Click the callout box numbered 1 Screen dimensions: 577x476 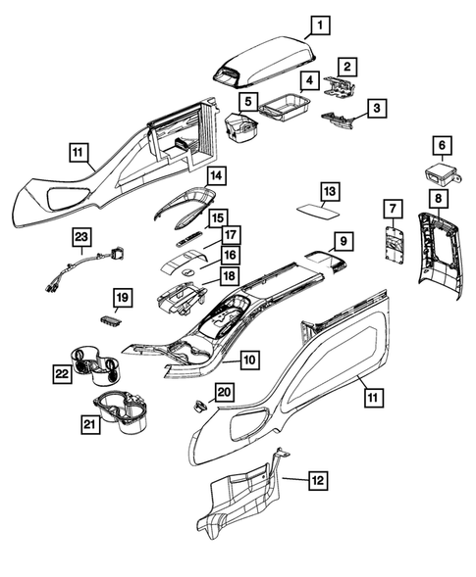coord(322,25)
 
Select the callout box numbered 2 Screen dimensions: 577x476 coord(347,67)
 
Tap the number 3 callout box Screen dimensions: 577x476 coord(374,109)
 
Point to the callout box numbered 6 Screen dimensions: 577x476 coord(442,147)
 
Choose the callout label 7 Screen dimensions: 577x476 coord(392,209)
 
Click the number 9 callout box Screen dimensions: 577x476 coord(343,240)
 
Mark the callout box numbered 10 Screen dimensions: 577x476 coord(249,361)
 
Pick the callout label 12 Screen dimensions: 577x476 coord(317,480)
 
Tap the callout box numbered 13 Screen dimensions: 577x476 coord(330,190)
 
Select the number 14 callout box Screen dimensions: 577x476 coord(215,176)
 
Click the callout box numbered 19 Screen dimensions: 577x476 coord(122,296)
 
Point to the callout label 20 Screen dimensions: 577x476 coord(224,392)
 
